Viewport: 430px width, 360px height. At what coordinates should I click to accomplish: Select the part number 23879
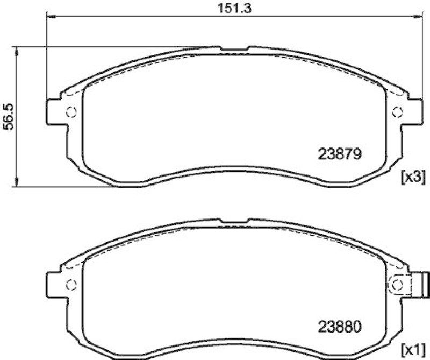(338, 154)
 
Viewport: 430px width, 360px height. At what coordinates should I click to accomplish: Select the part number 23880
(338, 326)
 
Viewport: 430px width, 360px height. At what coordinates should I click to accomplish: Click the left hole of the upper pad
(71, 112)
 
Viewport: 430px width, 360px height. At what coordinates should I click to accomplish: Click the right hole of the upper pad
(398, 112)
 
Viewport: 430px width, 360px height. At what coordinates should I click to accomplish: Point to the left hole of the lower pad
(71, 285)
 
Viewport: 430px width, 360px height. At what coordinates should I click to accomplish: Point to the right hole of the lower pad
(398, 285)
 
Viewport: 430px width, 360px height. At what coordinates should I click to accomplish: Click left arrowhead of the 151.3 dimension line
(51, 17)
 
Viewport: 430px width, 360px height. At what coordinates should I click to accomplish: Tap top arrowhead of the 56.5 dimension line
(18, 50)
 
